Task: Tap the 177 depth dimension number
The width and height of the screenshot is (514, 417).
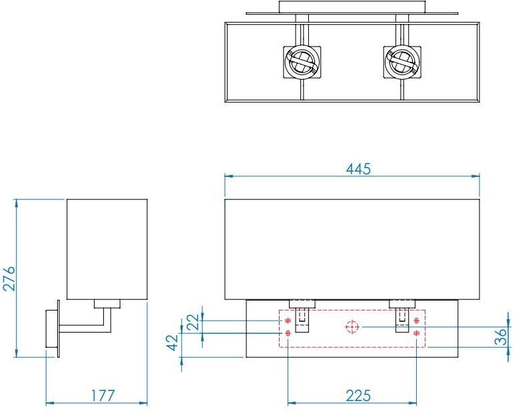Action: coord(103,395)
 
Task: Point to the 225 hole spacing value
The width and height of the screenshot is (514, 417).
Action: coord(358,395)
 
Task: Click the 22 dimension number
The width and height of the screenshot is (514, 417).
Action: coord(193,322)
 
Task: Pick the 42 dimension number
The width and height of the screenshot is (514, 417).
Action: coord(172,343)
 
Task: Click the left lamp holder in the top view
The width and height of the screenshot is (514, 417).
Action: coord(300,62)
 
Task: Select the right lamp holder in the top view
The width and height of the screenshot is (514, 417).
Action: coord(401,62)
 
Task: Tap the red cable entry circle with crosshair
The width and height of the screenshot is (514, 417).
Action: coord(352,327)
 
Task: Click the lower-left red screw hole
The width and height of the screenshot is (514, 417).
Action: coord(287,333)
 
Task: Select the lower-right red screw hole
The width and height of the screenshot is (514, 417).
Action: coord(417,333)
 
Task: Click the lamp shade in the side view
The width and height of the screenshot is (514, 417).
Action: coord(107,249)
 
